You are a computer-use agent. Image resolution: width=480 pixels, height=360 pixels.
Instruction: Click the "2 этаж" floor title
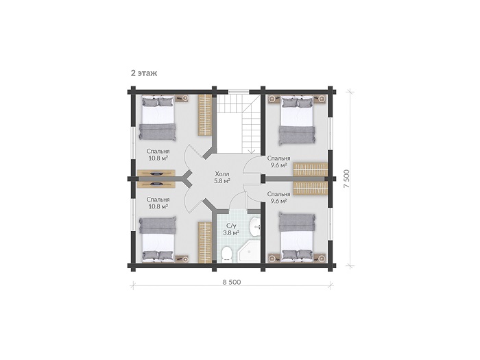[144, 73]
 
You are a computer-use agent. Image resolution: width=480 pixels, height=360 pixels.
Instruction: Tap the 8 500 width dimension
[232, 282]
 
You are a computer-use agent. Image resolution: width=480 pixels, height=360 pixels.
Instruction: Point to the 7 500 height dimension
[346, 179]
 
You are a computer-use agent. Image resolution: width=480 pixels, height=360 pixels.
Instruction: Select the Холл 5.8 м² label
[222, 178]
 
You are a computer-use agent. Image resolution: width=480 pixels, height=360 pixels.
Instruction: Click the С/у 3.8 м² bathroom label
[231, 229]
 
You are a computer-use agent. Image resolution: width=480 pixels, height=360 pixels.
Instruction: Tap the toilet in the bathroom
[226, 254]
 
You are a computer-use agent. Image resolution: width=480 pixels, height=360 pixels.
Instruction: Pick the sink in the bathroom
[254, 227]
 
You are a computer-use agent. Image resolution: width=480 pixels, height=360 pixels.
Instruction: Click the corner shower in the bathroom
[249, 252]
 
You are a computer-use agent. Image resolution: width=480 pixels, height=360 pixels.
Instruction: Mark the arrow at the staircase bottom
[252, 150]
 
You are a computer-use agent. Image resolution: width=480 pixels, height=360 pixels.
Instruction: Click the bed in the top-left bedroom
[158, 118]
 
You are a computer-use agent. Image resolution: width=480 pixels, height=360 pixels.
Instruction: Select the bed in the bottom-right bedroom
[297, 237]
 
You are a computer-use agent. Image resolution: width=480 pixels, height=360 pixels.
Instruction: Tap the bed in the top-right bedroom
[297, 120]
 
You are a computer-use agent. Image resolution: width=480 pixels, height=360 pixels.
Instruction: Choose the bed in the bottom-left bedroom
[158, 239]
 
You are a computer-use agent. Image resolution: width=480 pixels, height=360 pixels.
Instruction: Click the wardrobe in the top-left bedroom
[205, 115]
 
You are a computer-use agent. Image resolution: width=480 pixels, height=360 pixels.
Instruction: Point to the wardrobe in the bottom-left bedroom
[205, 242]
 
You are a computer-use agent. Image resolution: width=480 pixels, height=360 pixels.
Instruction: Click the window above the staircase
[239, 91]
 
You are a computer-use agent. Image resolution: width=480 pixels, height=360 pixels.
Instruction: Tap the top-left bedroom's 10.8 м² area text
[158, 158]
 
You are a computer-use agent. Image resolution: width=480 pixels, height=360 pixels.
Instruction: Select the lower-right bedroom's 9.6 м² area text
[278, 201]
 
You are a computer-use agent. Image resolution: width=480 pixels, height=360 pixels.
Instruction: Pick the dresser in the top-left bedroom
[156, 173]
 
